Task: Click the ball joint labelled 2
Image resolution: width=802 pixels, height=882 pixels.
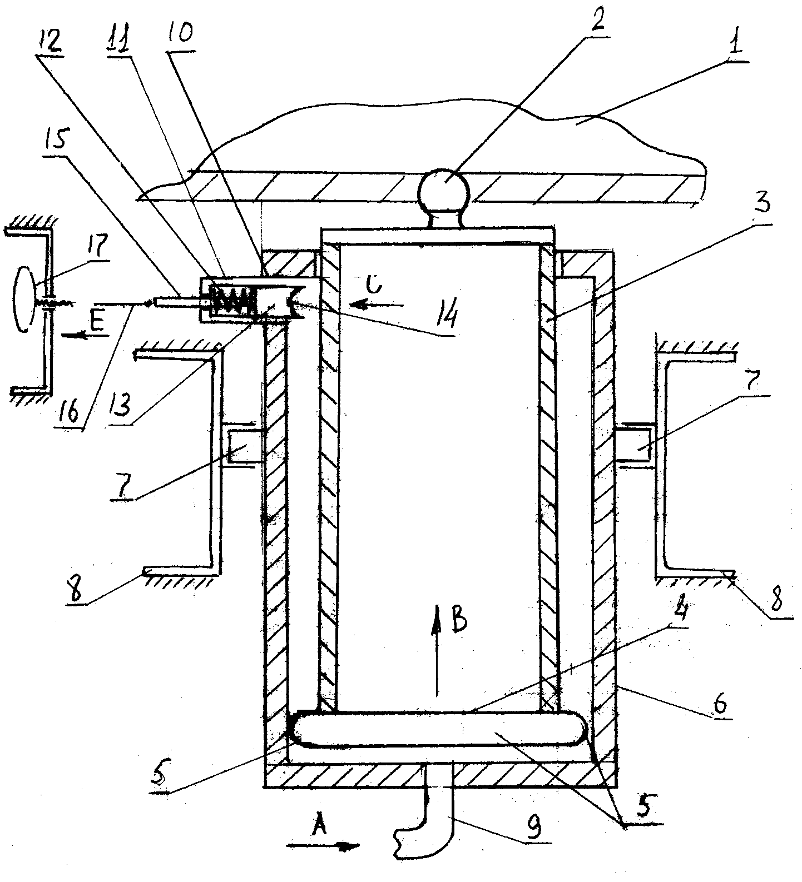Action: [444, 191]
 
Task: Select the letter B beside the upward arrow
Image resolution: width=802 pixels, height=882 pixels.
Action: [459, 622]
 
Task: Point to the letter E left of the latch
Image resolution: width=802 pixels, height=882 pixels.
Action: [97, 323]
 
